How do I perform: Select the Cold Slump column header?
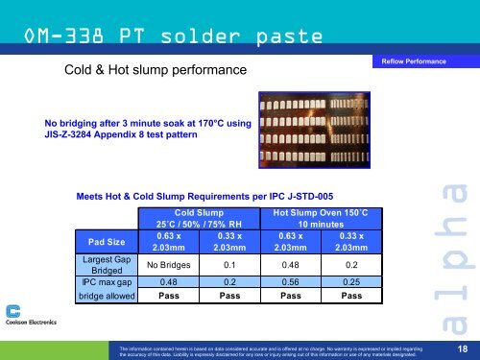click(199, 217)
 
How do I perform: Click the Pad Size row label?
click(106, 243)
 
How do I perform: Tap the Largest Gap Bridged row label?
click(106, 264)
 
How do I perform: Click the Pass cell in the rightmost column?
click(351, 298)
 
